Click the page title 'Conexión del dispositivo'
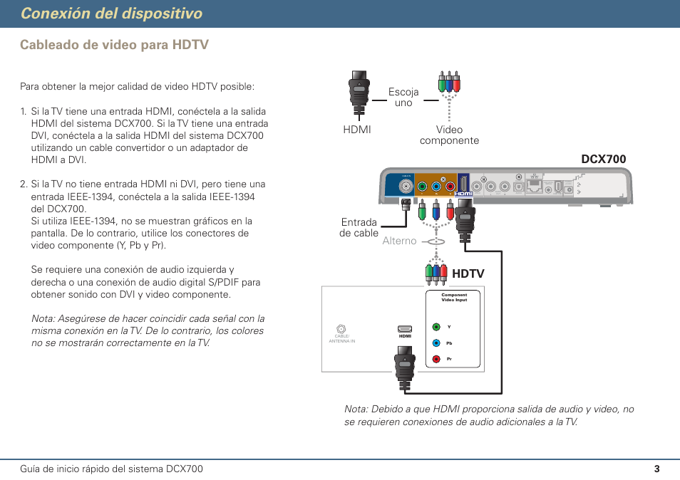point(111,14)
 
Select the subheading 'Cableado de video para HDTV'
point(114,45)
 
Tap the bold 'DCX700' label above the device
point(603,159)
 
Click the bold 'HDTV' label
point(468,273)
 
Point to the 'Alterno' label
point(399,241)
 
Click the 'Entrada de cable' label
point(359,228)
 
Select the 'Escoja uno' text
point(403,98)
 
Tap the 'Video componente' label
point(449,135)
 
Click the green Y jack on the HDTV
point(436,327)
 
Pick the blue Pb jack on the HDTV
point(436,343)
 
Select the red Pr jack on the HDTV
point(436,358)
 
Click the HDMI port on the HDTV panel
point(405,329)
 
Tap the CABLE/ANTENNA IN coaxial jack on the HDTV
point(341,329)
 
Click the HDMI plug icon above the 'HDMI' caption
point(358,93)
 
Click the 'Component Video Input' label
point(454,297)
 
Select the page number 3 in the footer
point(656,469)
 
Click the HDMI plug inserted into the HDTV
point(405,367)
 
